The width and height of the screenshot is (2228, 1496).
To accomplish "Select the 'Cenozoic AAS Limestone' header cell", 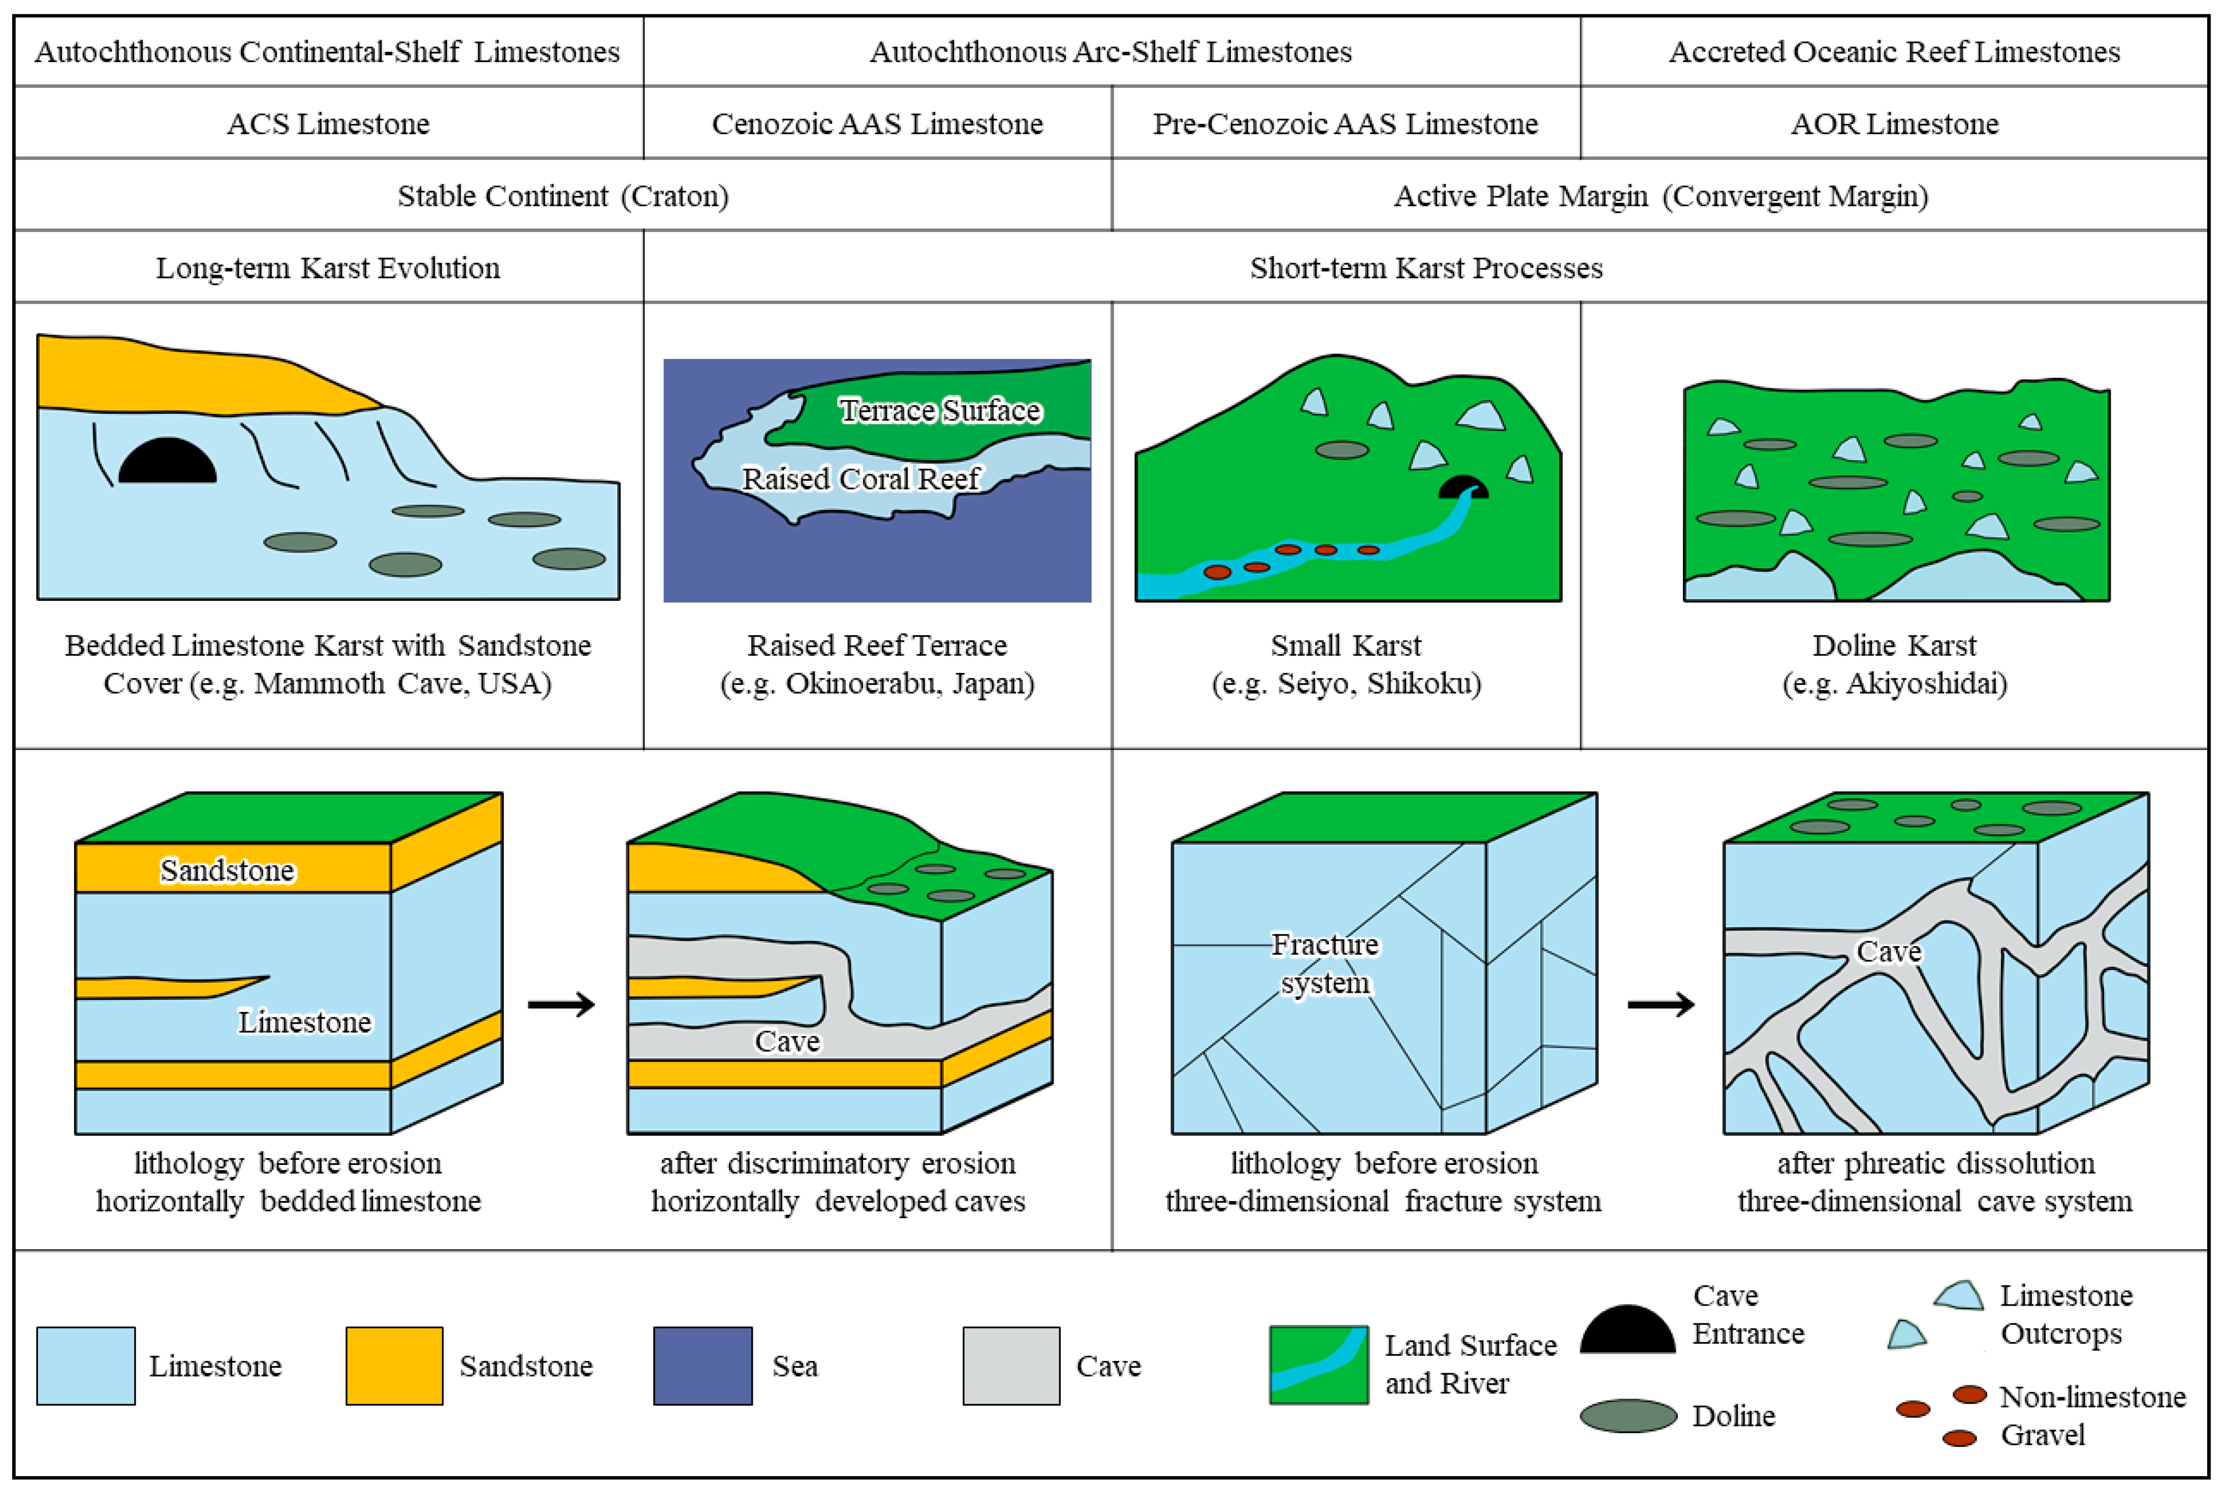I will pos(877,123).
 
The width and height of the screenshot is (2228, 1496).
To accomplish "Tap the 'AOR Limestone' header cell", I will pos(1894,123).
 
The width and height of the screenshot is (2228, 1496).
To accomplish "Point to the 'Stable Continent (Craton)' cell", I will pos(563,196).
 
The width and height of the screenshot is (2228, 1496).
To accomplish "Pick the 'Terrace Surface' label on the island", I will pos(940,410).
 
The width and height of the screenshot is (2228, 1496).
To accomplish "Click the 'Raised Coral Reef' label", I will pos(861,478).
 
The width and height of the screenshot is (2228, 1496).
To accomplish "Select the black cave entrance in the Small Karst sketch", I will pos(1462,487).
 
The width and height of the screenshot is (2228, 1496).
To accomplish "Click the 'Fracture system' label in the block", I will pos(1325,964).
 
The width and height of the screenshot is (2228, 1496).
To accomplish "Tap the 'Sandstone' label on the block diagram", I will pos(227,870).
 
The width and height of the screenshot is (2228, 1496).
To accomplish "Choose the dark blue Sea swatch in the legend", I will pos(702,1365).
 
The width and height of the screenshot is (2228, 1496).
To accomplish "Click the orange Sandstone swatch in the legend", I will pos(394,1365).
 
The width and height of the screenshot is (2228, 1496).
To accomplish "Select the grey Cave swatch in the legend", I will pos(1010,1365).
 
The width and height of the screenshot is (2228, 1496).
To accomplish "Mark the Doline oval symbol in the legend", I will pos(1628,1416).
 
